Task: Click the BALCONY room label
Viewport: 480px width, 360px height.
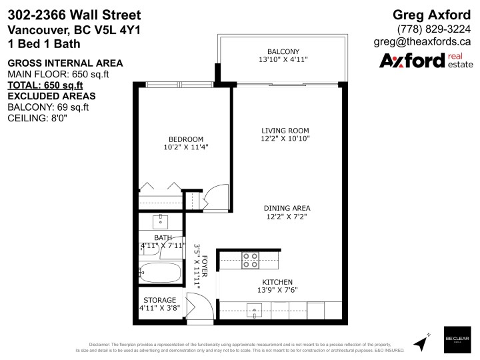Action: pos(283,51)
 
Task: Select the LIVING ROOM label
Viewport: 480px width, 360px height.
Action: pos(285,130)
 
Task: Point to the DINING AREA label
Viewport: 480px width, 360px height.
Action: pos(285,207)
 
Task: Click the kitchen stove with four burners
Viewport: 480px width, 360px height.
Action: pos(250,260)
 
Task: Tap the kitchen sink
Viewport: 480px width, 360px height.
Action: pos(256,308)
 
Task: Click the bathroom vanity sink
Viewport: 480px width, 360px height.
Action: pos(161,221)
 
